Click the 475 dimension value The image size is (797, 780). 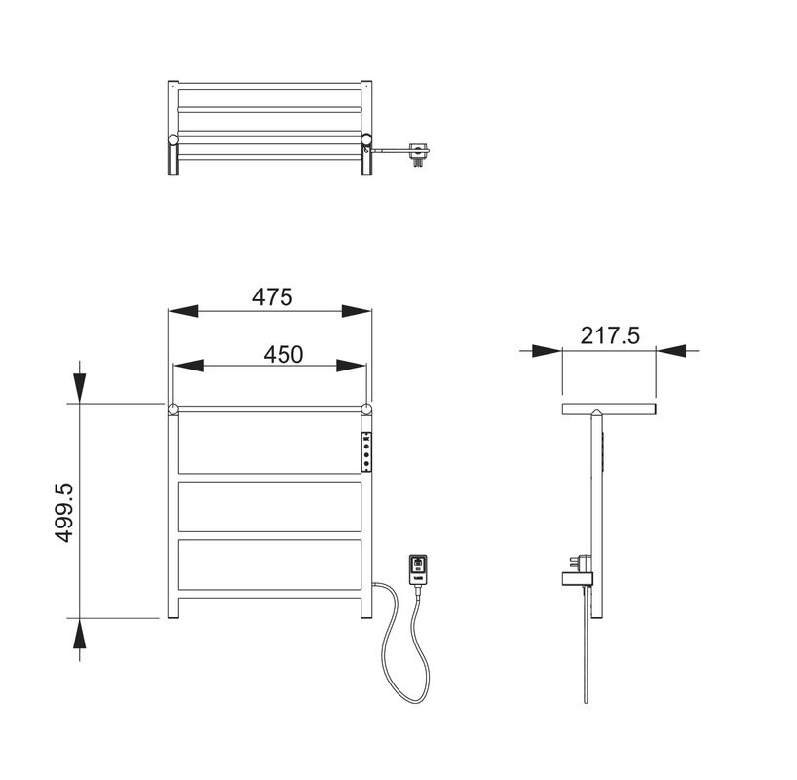(x=272, y=296)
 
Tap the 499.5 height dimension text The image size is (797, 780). (x=63, y=511)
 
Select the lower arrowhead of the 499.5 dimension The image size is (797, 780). (x=79, y=644)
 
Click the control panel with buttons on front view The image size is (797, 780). (x=367, y=451)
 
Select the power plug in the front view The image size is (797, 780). (x=416, y=568)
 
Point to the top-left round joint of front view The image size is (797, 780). (x=172, y=408)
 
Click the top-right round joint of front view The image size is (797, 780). (x=367, y=408)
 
